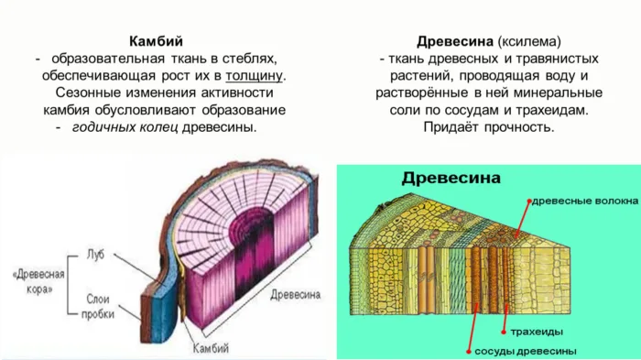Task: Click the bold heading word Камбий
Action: [x=158, y=41]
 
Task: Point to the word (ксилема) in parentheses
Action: [x=528, y=42]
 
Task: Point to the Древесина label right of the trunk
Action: [x=295, y=295]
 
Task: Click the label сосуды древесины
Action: [x=526, y=351]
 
